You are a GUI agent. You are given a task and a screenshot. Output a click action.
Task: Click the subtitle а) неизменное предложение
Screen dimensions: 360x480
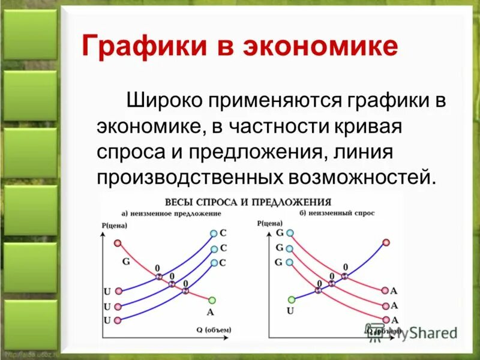click(172, 213)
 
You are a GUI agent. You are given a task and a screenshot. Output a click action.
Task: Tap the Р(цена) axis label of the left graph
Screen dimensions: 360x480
click(115, 226)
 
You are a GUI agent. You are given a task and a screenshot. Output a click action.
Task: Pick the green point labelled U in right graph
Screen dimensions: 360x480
click(291, 299)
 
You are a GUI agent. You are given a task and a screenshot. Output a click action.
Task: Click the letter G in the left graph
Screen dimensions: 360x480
click(126, 261)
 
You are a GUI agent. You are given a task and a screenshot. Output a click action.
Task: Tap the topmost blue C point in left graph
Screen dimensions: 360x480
click(214, 233)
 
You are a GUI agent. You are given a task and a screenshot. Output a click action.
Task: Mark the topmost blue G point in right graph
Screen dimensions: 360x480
click(291, 233)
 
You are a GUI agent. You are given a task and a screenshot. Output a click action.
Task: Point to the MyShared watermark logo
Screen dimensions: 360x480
click(412, 331)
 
